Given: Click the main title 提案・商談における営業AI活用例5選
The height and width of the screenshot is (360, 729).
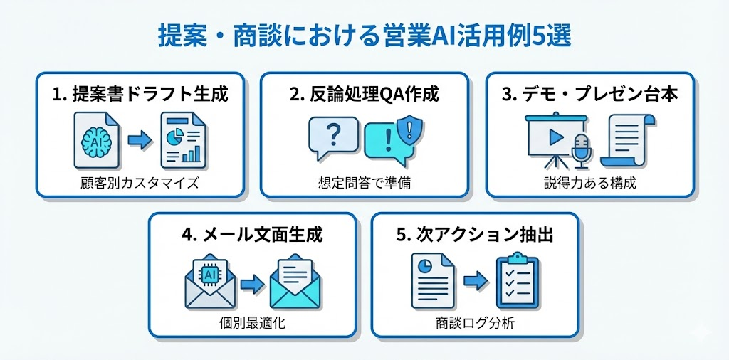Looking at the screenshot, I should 364,36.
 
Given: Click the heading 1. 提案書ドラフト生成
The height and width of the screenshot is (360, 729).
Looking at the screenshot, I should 140,95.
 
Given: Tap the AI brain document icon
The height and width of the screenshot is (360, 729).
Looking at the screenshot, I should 96,138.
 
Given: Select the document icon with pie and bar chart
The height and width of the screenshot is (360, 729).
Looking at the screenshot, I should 181,138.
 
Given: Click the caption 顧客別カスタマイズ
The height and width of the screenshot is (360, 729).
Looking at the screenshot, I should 140,183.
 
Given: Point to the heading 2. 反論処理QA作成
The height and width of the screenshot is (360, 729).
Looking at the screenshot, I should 364,95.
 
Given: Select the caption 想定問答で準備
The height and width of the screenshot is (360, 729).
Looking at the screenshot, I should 364,183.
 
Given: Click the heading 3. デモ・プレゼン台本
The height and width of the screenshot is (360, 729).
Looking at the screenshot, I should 589,95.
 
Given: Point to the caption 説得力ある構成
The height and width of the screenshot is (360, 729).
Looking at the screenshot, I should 589,183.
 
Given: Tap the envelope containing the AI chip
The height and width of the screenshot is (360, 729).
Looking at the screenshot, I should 210,282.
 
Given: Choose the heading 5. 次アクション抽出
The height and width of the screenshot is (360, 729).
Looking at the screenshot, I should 475,235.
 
